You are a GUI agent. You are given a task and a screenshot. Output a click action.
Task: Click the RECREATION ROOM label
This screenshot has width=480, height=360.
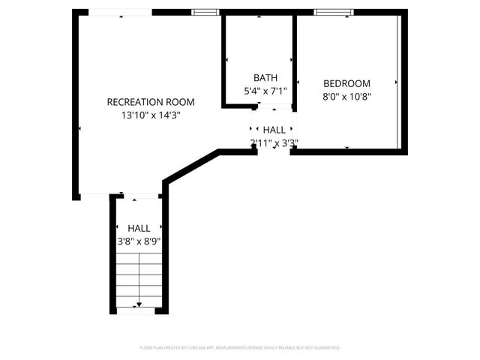[x=150, y=102]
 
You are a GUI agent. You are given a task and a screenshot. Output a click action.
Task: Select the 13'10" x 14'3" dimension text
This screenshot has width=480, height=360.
[x=150, y=115]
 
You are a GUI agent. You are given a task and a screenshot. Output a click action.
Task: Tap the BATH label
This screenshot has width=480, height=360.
[x=265, y=77]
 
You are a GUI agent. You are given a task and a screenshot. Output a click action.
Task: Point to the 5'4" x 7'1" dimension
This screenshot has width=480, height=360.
[x=265, y=91]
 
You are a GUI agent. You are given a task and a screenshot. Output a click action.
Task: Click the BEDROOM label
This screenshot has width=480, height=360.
[x=347, y=83]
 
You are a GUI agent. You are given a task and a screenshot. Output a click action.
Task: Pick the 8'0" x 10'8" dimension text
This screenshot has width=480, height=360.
[x=347, y=97]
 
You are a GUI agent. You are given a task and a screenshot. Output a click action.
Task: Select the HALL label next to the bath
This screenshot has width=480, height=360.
[x=274, y=130]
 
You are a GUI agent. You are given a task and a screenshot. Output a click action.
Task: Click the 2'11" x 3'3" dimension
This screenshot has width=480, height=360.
[x=274, y=142]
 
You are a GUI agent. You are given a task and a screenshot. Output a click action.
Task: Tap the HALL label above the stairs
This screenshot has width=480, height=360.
[x=139, y=228]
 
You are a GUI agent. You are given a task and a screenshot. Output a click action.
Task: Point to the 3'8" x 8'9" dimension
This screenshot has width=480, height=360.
[x=139, y=241]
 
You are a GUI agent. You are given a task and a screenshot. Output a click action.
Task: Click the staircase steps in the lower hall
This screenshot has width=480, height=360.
[x=139, y=281]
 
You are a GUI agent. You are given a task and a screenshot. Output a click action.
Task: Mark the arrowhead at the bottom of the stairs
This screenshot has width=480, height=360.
[x=139, y=305]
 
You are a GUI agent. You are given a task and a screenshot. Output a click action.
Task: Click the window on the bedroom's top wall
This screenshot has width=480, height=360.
[x=334, y=12]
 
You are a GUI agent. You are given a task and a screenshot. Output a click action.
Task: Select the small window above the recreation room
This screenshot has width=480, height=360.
[x=205, y=12]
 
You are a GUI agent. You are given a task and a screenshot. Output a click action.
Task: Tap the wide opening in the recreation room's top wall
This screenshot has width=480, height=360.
[x=120, y=12]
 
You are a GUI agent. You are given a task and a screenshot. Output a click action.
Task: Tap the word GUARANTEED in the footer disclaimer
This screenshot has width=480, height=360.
[x=325, y=348]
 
